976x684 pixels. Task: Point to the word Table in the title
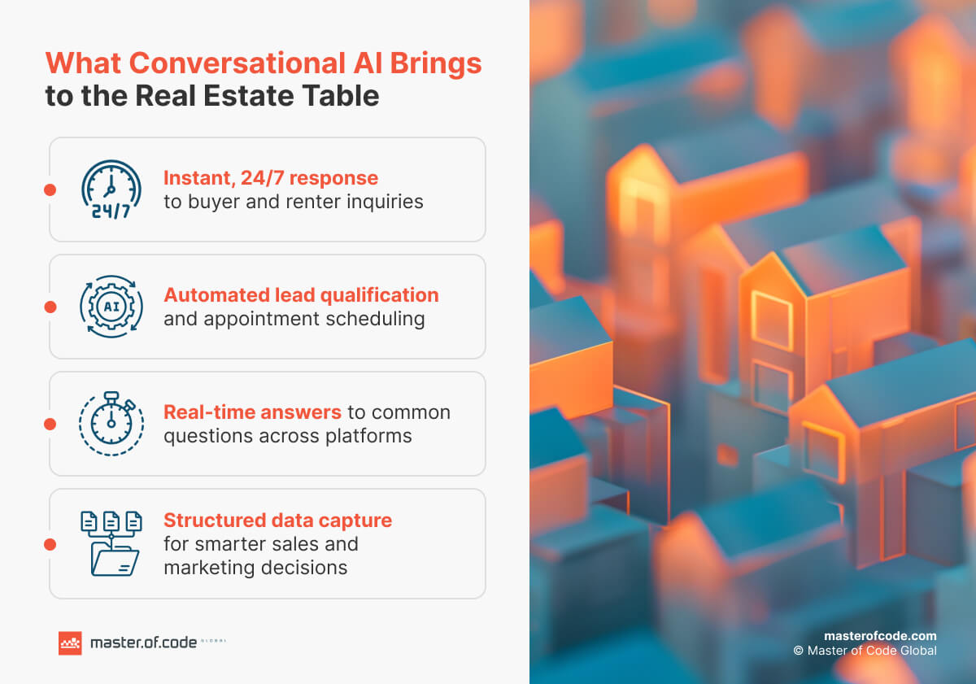point(342,95)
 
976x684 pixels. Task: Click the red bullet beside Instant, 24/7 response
point(50,190)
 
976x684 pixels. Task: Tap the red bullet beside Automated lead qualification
point(50,307)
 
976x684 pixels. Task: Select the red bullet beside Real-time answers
point(50,424)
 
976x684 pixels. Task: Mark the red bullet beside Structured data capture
point(50,543)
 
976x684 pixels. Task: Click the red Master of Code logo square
point(70,643)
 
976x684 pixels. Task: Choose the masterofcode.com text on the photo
point(880,635)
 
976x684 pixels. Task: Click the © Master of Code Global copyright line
point(865,651)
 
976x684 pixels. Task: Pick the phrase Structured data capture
point(277,520)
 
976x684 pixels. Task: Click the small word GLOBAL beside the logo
point(214,641)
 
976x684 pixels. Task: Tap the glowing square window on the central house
point(771,320)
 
